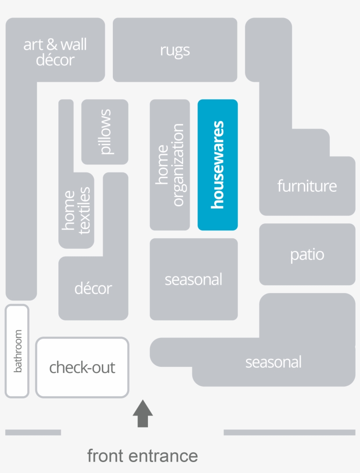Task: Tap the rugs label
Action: tap(175, 50)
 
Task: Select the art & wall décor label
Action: tap(55, 52)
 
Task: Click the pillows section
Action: tap(105, 132)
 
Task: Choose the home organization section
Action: tap(170, 165)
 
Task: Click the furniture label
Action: tap(307, 186)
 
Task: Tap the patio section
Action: tap(307, 254)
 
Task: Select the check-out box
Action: tap(82, 367)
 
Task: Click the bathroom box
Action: tap(17, 351)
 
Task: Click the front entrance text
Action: tap(142, 455)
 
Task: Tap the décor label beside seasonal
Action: tap(93, 288)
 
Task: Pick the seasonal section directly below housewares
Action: tap(194, 279)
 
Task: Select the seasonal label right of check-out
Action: tap(274, 362)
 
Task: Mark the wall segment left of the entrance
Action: tap(33, 432)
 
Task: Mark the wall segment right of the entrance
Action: tap(289, 432)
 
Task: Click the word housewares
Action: tap(218, 165)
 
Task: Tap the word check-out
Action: tap(82, 367)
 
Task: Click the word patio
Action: tap(307, 254)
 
